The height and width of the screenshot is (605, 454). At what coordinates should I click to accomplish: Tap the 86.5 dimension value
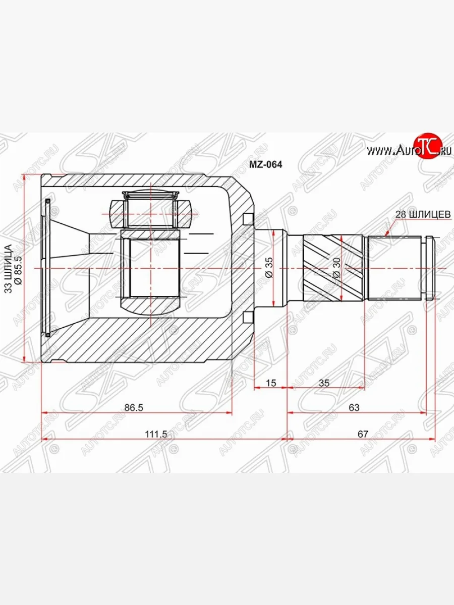tap(134, 407)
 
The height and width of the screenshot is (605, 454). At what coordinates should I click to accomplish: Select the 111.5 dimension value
tap(156, 434)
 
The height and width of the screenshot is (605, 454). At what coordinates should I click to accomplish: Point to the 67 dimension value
tap(363, 434)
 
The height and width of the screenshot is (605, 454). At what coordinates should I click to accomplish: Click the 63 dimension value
tap(354, 407)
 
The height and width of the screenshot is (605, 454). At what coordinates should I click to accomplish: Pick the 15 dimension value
tap(271, 383)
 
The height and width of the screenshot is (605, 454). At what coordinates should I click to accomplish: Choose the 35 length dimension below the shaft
tap(324, 383)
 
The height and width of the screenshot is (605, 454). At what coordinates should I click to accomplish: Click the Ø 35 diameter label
tap(269, 267)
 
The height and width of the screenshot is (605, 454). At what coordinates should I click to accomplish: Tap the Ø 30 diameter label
tap(336, 268)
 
